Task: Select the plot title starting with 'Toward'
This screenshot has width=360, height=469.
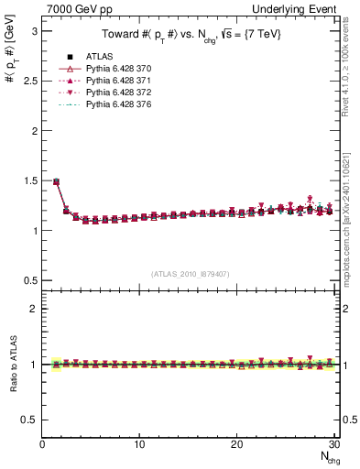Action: (x=190, y=35)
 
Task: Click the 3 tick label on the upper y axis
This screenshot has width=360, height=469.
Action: (x=34, y=31)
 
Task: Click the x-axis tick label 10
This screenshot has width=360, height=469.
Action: (x=139, y=445)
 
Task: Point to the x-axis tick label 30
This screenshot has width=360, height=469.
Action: (x=333, y=445)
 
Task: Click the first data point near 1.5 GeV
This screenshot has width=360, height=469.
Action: (x=56, y=181)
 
